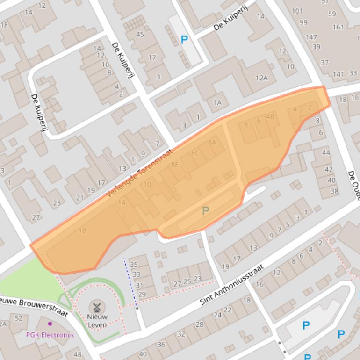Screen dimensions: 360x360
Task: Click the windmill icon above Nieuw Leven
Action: (x=97, y=307)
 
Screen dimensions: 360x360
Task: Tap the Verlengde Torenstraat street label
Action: (x=140, y=173)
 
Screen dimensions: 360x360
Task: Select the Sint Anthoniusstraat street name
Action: (x=232, y=285)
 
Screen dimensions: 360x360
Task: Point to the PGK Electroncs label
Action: (x=50, y=335)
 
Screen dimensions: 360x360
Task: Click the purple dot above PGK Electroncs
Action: (x=50, y=324)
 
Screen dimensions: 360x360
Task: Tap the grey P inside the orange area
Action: (x=205, y=211)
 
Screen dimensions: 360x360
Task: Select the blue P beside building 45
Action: (x=185, y=40)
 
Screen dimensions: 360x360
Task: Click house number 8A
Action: (x=212, y=142)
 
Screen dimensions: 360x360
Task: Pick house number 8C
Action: (x=195, y=153)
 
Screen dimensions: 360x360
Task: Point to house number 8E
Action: (x=175, y=164)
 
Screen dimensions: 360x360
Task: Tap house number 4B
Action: (x=270, y=116)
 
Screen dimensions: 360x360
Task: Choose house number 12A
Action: (x=261, y=78)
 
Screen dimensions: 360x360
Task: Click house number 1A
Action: (x=217, y=102)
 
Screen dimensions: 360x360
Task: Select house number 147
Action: (x=311, y=37)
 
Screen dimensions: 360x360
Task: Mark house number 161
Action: (x=338, y=27)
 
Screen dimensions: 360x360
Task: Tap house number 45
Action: (x=140, y=34)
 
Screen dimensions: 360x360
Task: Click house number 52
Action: (x=18, y=318)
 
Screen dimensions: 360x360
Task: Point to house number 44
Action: (x=326, y=152)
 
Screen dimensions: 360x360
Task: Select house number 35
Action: (x=134, y=265)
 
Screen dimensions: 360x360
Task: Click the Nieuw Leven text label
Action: (x=97, y=321)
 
